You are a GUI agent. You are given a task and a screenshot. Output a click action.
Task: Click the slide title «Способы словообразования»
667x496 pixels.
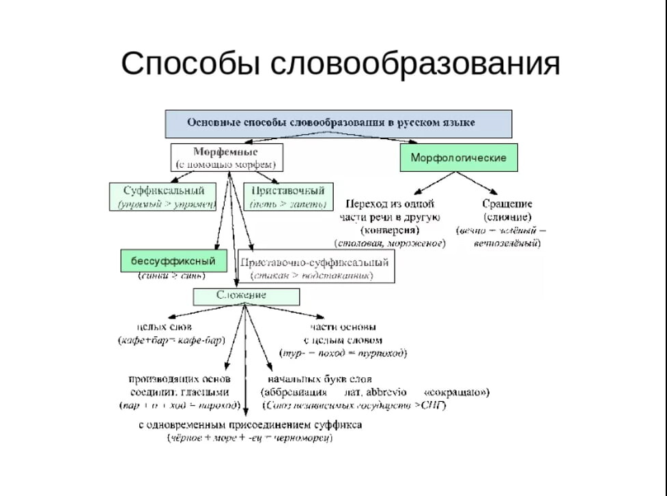pos(340,63)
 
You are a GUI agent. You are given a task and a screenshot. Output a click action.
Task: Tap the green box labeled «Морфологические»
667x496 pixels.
pos(458,158)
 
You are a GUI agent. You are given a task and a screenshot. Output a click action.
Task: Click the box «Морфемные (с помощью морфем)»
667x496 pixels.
pos(226,157)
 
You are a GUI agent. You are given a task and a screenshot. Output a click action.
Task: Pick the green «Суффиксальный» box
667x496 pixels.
pos(164,196)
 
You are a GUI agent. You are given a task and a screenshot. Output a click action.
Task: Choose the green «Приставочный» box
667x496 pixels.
pos(287,196)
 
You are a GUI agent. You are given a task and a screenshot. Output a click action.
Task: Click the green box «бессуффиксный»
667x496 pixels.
pos(173,261)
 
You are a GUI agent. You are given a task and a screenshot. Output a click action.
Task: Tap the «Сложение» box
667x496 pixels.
pos(246,295)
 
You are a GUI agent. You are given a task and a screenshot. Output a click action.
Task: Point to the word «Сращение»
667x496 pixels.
pos(507,204)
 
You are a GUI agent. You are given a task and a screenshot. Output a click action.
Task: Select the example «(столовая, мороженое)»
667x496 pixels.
pos(390,243)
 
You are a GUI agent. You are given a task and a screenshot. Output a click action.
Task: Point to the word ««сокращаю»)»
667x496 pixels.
pos(457,392)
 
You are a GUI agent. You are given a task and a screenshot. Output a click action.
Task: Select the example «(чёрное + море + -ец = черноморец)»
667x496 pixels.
pos(250,438)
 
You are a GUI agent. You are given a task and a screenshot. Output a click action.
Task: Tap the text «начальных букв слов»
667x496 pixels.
pos(320,379)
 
